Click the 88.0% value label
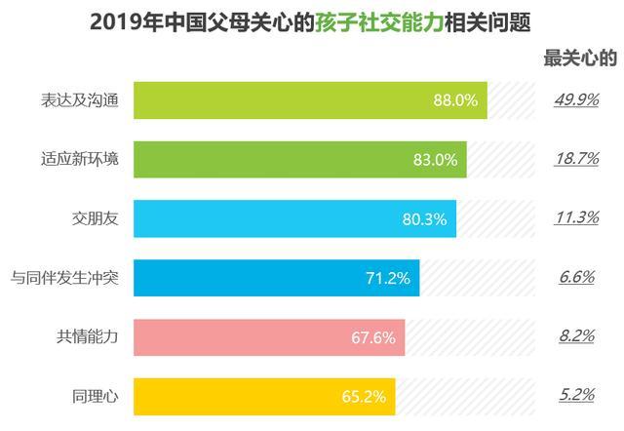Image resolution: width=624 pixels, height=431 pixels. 455,100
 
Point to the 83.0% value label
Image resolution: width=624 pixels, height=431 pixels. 436,160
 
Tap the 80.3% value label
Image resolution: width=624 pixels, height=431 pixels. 424,219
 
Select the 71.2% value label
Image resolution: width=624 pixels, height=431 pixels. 388,278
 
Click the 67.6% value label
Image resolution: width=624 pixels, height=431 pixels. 372,337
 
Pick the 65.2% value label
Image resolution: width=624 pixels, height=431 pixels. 364,397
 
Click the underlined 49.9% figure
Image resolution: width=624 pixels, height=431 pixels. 576,99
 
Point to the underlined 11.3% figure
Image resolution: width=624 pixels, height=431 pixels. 576,217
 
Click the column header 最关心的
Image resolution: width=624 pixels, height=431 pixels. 580,59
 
